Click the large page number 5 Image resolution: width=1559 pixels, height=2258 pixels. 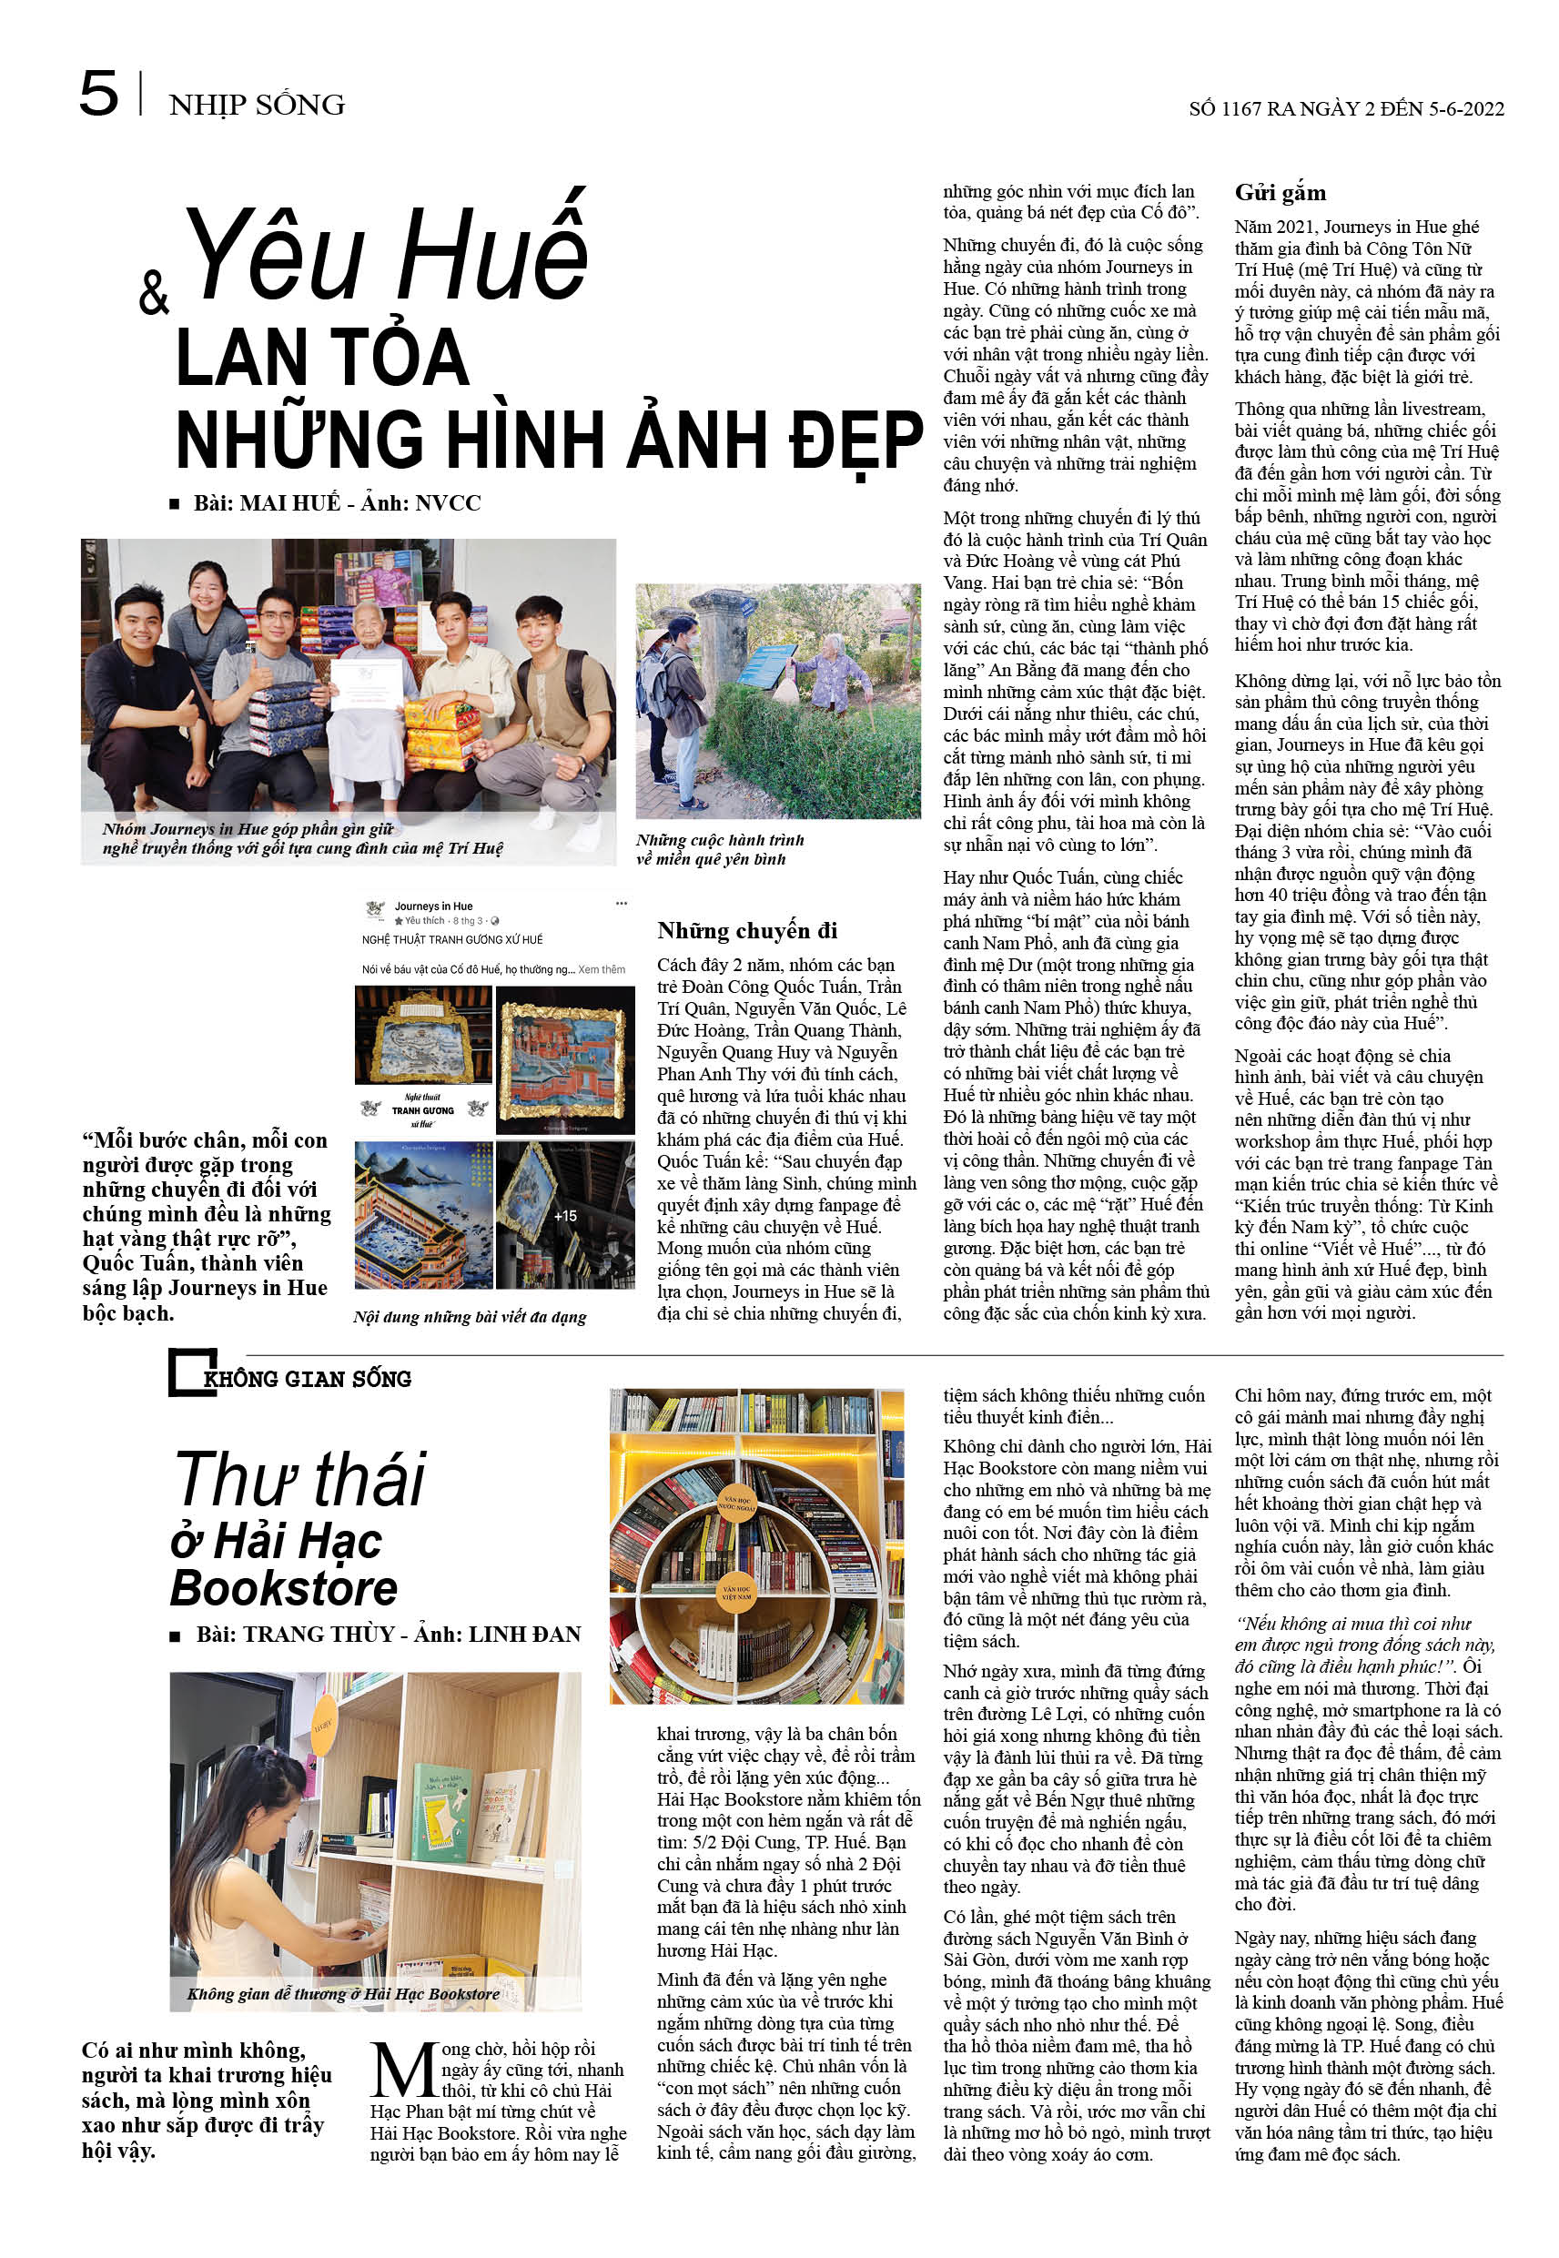tap(97, 94)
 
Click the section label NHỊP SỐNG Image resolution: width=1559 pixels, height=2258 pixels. tap(256, 105)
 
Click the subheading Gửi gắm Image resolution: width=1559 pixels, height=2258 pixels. tap(1280, 192)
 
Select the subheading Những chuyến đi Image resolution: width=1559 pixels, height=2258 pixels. tap(746, 930)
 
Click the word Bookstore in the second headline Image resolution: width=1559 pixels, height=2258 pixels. tap(284, 1588)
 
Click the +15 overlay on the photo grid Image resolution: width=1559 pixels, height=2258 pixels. tap(564, 1216)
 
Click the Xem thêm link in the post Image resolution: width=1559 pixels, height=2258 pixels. tap(602, 970)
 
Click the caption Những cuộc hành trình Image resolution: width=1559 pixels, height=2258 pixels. tap(720, 840)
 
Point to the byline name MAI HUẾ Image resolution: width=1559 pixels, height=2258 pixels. tap(289, 503)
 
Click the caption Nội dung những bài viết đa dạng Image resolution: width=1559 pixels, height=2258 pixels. tap(469, 1317)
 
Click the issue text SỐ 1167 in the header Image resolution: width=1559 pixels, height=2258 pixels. tap(1225, 108)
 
